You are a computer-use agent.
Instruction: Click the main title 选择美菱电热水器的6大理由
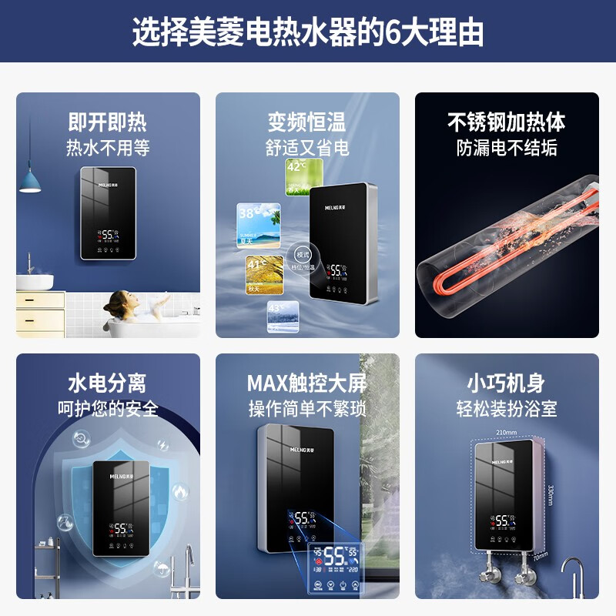pyautogui.click(x=308, y=32)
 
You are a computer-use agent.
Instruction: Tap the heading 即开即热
pyautogui.click(x=108, y=122)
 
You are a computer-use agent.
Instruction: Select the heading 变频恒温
pyautogui.click(x=307, y=122)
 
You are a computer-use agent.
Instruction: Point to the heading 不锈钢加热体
pyautogui.click(x=507, y=122)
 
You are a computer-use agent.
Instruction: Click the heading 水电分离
pyautogui.click(x=108, y=383)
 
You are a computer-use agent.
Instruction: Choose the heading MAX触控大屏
pyautogui.click(x=307, y=383)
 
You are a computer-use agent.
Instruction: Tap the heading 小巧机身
pyautogui.click(x=507, y=383)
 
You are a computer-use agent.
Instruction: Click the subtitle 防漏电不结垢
pyautogui.click(x=507, y=147)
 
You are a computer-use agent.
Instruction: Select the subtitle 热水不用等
pyautogui.click(x=108, y=147)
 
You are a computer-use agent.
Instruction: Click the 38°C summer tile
pyautogui.click(x=258, y=223)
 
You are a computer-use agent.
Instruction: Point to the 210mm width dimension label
pyautogui.click(x=507, y=433)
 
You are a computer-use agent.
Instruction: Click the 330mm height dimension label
pyautogui.click(x=549, y=493)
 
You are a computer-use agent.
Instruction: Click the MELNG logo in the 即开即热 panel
pyautogui.click(x=108, y=186)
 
